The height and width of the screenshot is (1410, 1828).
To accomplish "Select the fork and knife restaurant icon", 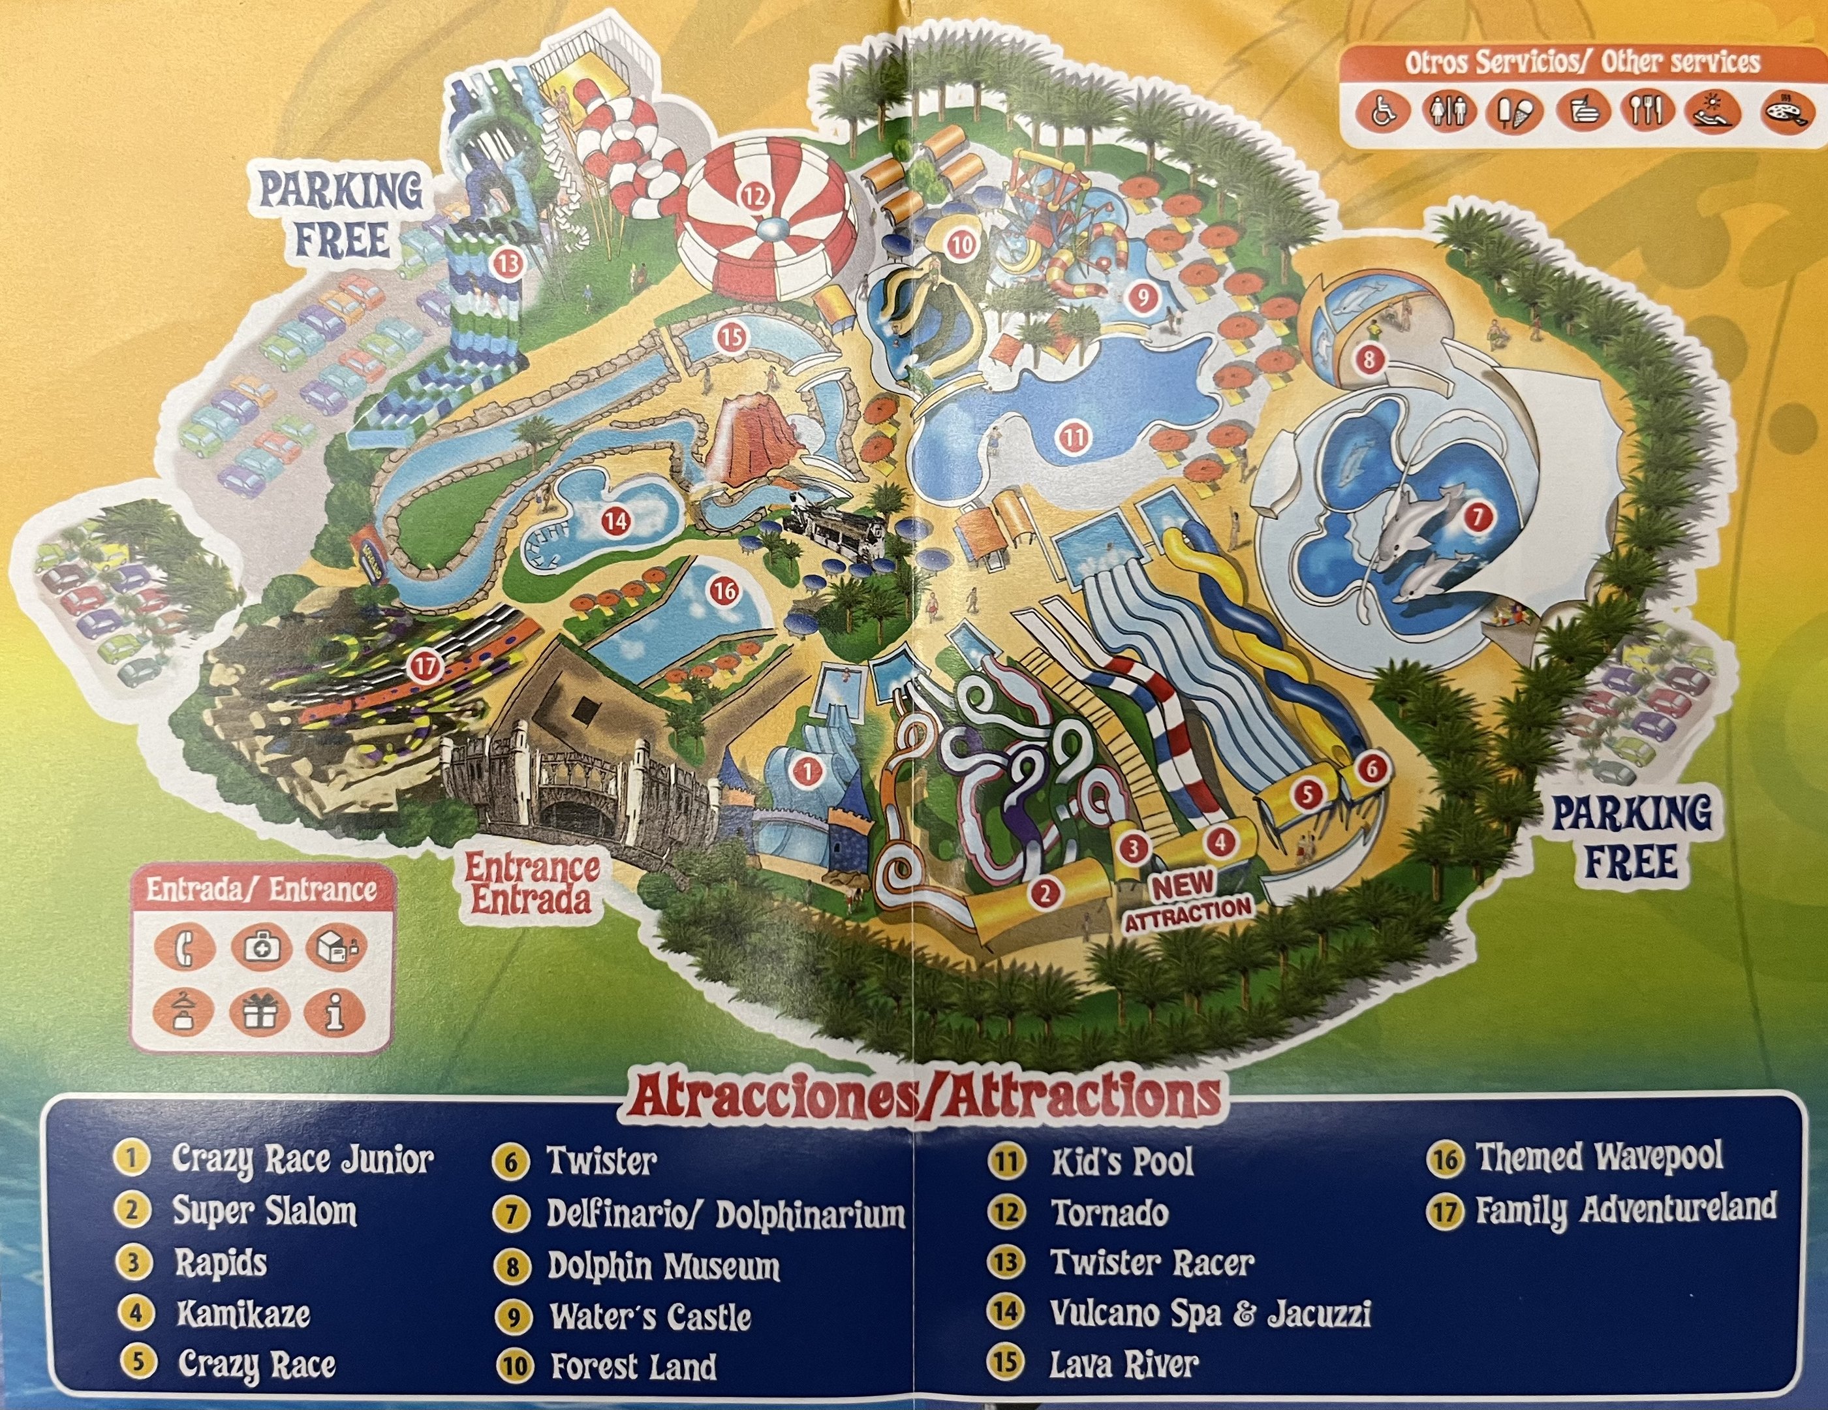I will tap(1645, 110).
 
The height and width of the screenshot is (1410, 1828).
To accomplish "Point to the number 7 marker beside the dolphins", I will tap(1478, 516).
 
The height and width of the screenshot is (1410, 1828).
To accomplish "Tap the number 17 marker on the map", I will tap(427, 667).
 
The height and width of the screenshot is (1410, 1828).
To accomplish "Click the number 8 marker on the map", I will tap(1369, 360).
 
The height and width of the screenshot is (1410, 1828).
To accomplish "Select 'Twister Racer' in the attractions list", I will tap(1152, 1262).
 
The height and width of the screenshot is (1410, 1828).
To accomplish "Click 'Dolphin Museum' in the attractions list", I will tap(663, 1266).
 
